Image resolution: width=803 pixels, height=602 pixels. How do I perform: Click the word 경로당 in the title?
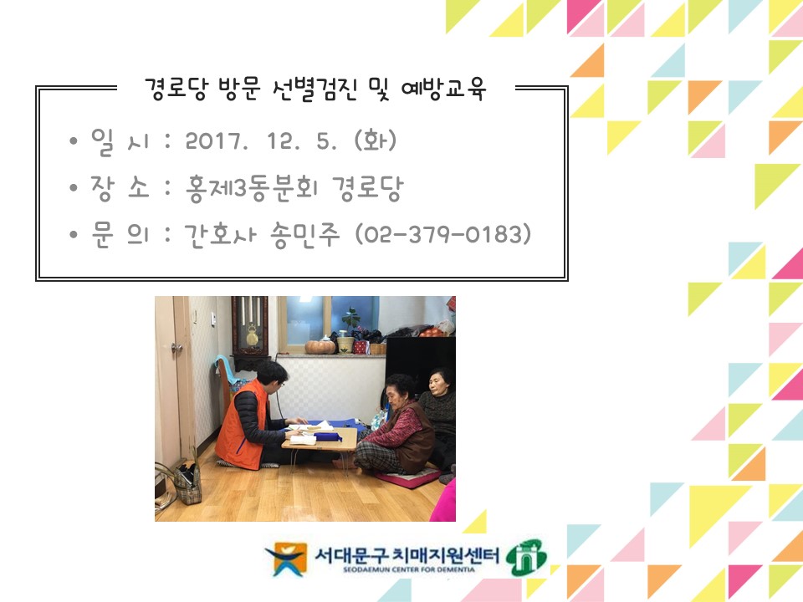pos(176,89)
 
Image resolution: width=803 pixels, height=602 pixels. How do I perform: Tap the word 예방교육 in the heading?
pos(443,89)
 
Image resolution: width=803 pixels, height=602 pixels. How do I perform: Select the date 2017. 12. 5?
pos(261,140)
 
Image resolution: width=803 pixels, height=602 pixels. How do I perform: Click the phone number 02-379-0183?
pos(443,234)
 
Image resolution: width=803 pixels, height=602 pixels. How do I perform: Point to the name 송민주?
pos(305,235)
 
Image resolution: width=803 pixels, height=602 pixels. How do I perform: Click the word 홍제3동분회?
pos(252,188)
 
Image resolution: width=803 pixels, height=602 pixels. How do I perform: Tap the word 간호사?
pos(220,235)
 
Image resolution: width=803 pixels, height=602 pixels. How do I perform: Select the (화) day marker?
pos(376,140)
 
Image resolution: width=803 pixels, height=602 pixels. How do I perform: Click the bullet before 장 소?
pos(74,187)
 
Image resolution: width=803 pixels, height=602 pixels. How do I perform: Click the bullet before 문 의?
pos(74,234)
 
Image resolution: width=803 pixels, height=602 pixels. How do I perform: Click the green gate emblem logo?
pos(526,558)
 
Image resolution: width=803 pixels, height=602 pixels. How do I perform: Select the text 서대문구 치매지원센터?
pos(407,554)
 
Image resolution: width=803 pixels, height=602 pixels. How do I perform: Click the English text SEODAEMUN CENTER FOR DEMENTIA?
pos(409,569)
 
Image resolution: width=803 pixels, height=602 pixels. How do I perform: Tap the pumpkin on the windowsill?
pos(320,346)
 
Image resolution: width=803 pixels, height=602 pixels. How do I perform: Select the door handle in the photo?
pos(177,348)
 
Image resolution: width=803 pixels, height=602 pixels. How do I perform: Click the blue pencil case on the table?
pos(328,436)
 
